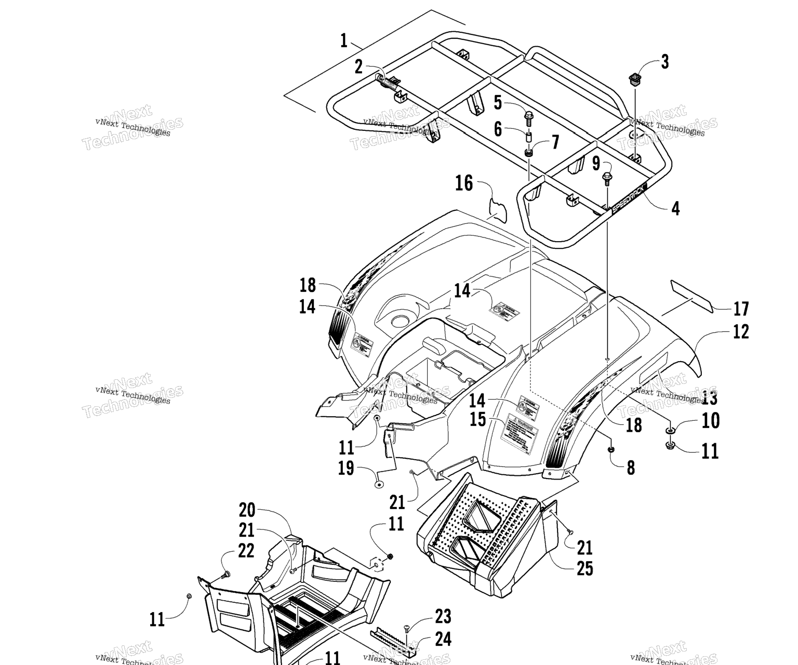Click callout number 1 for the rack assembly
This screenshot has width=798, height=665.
[343, 41]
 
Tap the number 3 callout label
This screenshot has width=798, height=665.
[664, 62]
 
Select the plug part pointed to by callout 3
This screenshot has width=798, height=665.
[634, 79]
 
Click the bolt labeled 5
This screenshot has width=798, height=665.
[528, 117]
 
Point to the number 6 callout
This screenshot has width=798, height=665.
[498, 129]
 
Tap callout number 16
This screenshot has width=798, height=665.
[464, 183]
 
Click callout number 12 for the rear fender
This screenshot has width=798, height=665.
[741, 331]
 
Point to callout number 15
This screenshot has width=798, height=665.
[477, 420]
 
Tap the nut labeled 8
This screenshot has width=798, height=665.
[611, 448]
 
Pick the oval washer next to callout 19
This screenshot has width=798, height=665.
[378, 484]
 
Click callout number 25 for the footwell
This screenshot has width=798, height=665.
[584, 568]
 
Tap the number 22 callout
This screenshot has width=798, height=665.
[245, 551]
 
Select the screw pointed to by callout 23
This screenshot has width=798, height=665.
[407, 628]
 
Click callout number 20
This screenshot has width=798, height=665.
[247, 510]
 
